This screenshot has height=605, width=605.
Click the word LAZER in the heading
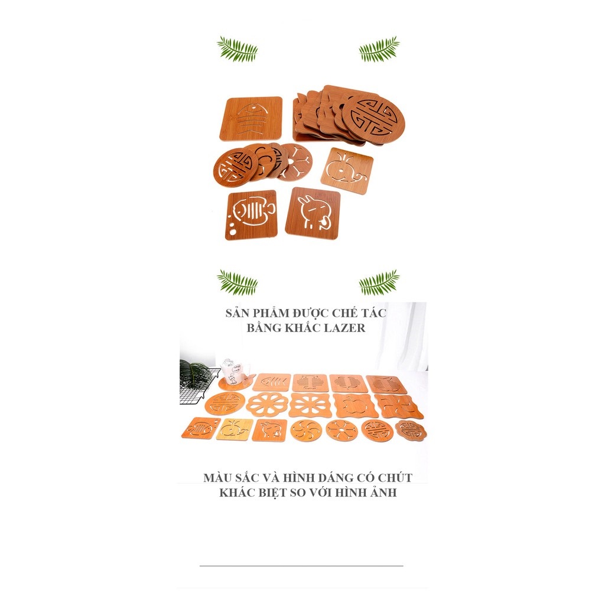[x=344, y=328]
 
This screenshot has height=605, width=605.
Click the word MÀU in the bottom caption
[x=217, y=477]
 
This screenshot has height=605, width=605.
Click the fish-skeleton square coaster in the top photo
[x=251, y=118]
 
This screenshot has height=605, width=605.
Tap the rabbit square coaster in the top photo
[x=313, y=213]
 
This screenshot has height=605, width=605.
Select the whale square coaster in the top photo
[x=347, y=171]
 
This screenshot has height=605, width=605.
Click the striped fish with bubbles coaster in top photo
[x=251, y=215]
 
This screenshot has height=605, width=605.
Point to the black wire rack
[x=197, y=387]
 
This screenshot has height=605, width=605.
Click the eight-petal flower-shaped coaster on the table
[x=267, y=405]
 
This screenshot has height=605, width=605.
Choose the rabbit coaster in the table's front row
[x=269, y=430]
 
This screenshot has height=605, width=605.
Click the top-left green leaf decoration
[x=237, y=49]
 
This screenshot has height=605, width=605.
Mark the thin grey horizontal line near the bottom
[x=301, y=565]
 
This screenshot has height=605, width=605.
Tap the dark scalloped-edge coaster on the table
[x=411, y=430]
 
